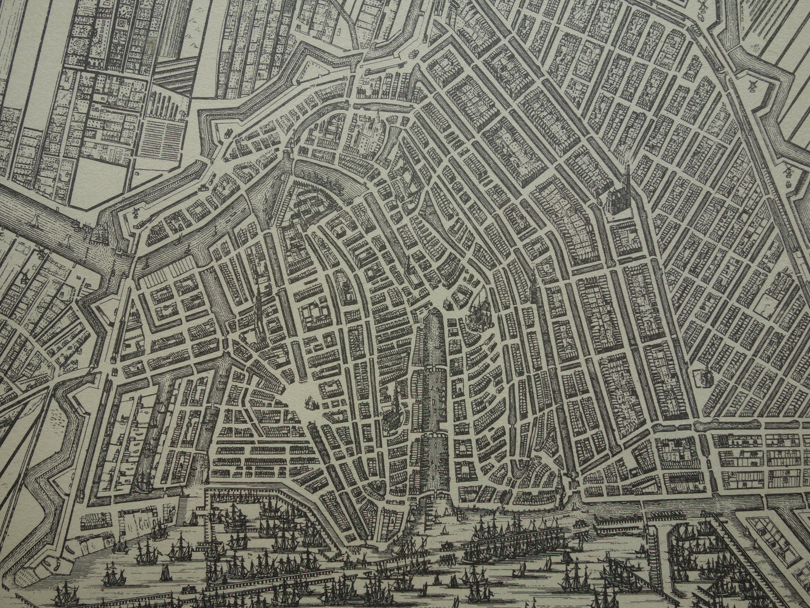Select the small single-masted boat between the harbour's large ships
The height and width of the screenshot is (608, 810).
165,572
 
